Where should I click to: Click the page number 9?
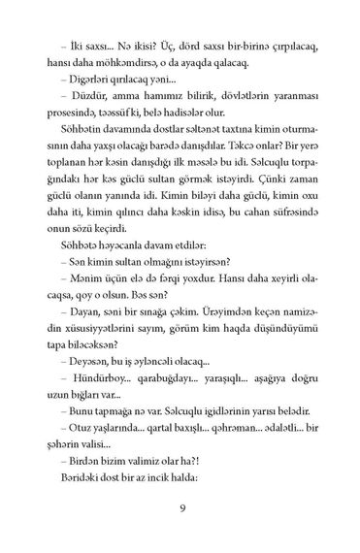coord(180,508)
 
